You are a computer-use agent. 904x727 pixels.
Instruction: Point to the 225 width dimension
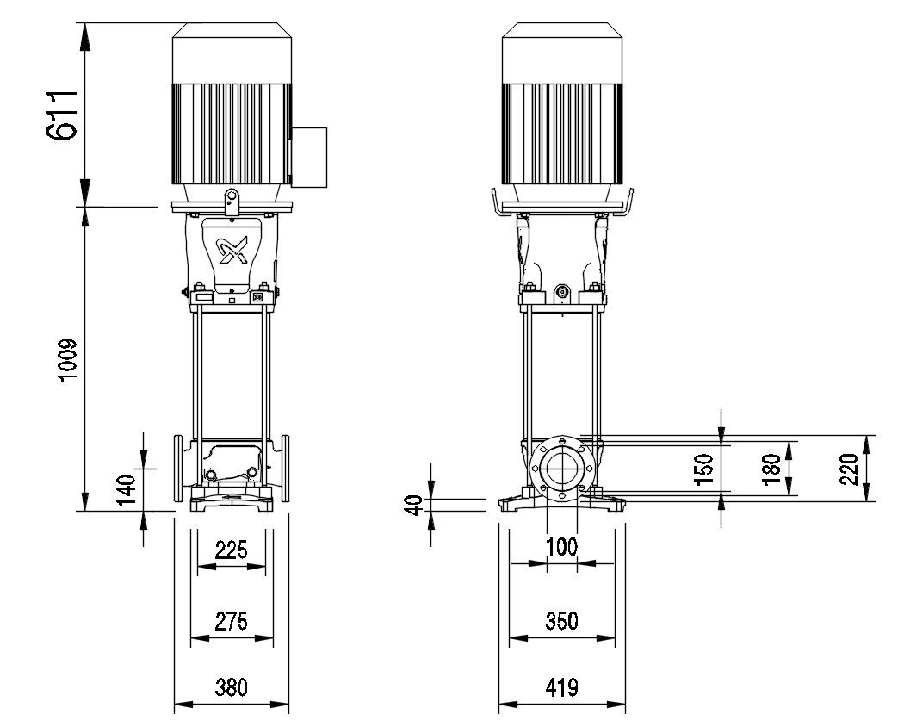tap(231, 550)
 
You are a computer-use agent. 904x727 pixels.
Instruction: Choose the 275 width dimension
tap(231, 620)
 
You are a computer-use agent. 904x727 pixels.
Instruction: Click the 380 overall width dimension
tap(231, 687)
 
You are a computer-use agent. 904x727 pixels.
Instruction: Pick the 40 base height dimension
tap(413, 505)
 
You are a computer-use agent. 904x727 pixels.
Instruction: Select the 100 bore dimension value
tap(562, 546)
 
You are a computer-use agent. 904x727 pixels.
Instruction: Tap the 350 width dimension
tap(562, 620)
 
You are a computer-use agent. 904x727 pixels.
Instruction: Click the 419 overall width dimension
tap(562, 687)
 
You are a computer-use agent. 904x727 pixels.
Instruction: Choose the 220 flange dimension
tap(851, 468)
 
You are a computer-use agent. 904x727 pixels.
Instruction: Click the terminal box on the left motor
tap(310, 156)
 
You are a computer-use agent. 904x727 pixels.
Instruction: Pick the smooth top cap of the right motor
tap(562, 53)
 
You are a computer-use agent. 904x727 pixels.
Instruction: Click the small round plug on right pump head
tap(562, 293)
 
